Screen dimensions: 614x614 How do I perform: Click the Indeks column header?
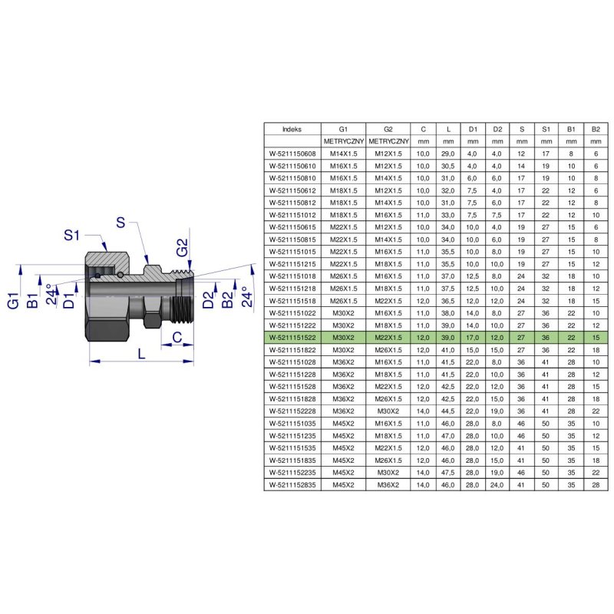[x=292, y=129]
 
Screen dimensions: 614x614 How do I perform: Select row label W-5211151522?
[x=292, y=338]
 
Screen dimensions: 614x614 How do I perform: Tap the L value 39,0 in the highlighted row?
[x=448, y=338]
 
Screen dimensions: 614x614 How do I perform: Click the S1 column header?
[x=546, y=129]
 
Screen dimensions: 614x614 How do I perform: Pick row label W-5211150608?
[x=292, y=154]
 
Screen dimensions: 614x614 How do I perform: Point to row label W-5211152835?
[x=292, y=485]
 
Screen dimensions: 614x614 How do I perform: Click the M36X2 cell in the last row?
[x=388, y=485]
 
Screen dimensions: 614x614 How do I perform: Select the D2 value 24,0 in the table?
[x=497, y=485]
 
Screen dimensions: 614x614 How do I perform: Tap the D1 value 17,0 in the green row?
[x=473, y=338]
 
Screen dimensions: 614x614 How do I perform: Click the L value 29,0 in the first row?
[x=448, y=154]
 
